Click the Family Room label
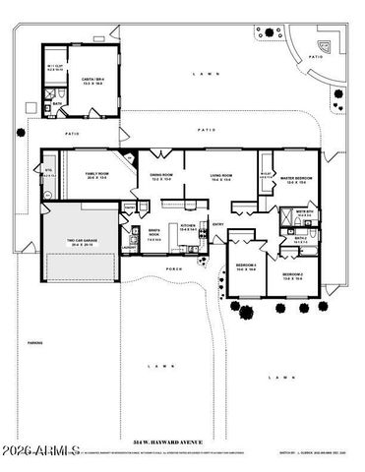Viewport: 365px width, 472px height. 96,173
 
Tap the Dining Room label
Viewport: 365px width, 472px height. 161,176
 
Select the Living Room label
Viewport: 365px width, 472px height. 219,176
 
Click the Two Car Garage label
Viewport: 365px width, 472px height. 81,242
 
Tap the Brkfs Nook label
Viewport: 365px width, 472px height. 154,235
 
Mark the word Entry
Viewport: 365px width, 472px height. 218,223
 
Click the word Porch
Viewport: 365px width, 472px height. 175,268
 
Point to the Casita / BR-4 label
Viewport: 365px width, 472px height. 94,82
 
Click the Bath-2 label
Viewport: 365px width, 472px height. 300,238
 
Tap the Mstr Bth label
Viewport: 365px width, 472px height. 304,210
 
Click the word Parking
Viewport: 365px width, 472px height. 34,343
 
